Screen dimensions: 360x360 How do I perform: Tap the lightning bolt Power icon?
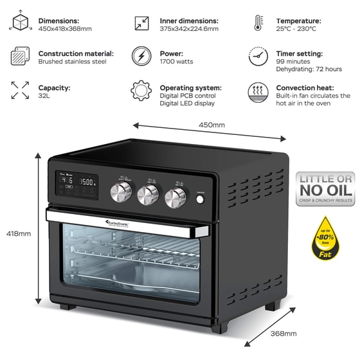[x=142, y=57]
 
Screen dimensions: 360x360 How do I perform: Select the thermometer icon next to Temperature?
[x=258, y=24]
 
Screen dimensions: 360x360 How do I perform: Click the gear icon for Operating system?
[x=141, y=90]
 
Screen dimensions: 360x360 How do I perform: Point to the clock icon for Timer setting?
[x=259, y=57]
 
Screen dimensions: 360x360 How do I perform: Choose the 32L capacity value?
[x=45, y=95]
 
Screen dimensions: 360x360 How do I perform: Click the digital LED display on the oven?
[x=76, y=181]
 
